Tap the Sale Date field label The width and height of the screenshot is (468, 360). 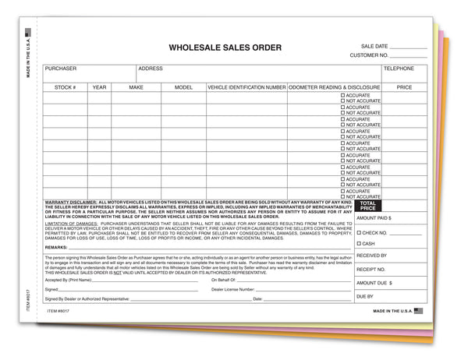coord(376,47)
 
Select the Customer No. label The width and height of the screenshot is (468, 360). coord(369,56)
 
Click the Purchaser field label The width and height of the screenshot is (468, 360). coord(61,69)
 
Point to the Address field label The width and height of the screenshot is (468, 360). coord(151,69)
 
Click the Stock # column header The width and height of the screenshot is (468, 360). coord(65,87)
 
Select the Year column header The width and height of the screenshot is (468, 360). coord(99,87)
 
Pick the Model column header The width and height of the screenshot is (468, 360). coord(183,87)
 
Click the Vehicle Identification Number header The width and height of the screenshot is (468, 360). coord(246,87)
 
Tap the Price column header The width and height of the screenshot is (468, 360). coord(404,87)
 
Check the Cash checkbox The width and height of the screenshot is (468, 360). coord(359,244)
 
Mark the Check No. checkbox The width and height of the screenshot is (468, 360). coord(359,232)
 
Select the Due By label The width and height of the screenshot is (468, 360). coord(365,297)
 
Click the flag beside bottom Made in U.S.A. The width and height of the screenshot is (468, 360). coord(418,309)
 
